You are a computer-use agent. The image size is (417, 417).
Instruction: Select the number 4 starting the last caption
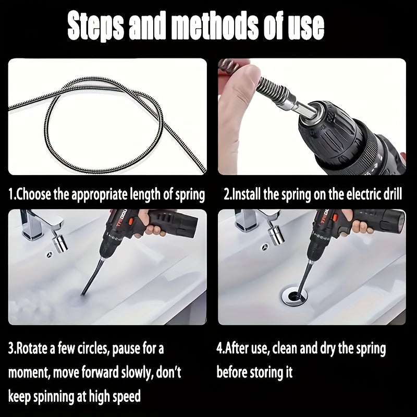(219, 348)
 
